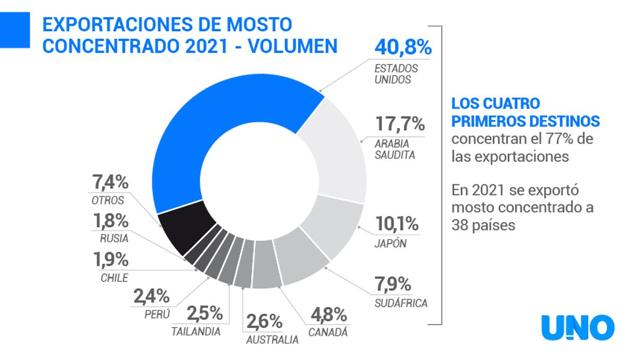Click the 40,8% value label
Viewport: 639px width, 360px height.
point(403,47)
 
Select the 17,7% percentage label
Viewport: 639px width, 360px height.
point(399,125)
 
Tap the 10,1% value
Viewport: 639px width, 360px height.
point(397,224)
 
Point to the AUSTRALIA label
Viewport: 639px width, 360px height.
point(272,340)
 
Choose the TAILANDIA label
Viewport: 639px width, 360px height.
point(195,331)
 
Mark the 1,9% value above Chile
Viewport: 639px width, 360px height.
point(111,260)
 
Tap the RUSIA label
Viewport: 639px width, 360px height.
point(114,239)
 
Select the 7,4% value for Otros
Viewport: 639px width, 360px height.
point(111,183)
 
